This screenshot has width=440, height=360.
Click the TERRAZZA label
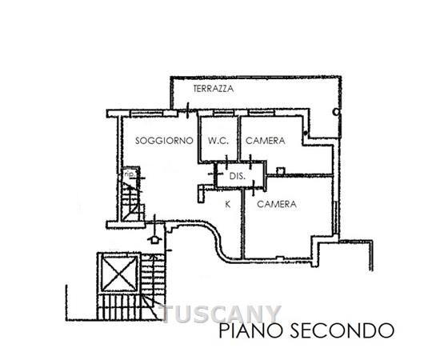pyautogui.click(x=214, y=89)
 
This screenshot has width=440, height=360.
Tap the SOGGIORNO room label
pyautogui.click(x=164, y=141)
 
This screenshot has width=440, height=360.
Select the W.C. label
pyautogui.click(x=218, y=141)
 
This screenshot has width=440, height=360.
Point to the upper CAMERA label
pyautogui.click(x=265, y=141)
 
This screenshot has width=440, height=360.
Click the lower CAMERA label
pyautogui.click(x=277, y=204)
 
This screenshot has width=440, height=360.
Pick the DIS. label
pyautogui.click(x=238, y=176)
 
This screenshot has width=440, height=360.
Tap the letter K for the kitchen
pyautogui.click(x=228, y=204)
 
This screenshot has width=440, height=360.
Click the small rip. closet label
pyautogui.click(x=130, y=174)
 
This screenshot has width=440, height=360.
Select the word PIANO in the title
pyautogui.click(x=250, y=330)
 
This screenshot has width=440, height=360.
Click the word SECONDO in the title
pyautogui.click(x=342, y=330)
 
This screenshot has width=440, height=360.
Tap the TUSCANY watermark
pyautogui.click(x=221, y=314)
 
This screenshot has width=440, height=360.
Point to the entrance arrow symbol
pyautogui.click(x=154, y=239)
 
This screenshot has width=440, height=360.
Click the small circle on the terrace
pyautogui.click(x=336, y=112)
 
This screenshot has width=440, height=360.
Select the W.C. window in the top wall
pyautogui.click(x=223, y=113)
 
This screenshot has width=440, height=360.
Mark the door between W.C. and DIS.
pyautogui.click(x=226, y=162)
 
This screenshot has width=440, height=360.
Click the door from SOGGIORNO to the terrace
pyautogui.click(x=187, y=110)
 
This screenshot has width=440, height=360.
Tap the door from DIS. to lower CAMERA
pyautogui.click(x=253, y=188)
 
